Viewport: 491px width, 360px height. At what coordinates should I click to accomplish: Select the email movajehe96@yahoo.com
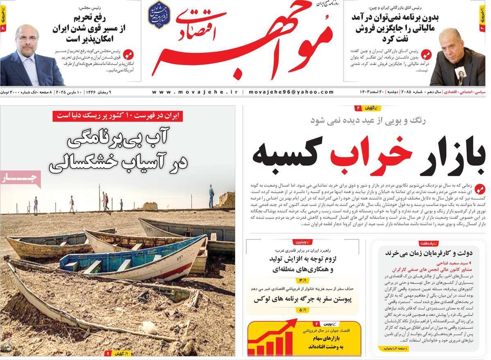[x=291, y=92]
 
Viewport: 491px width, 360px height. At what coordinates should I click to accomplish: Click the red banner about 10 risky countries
[x=118, y=116]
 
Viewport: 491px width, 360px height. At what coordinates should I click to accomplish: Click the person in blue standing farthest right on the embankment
[x=211, y=196]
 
